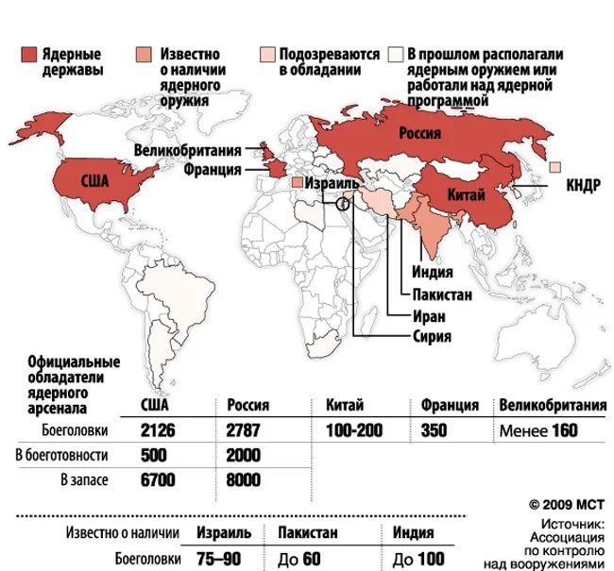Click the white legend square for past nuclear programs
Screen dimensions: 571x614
point(398,54)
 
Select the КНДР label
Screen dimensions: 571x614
point(582,185)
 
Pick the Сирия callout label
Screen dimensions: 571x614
point(432,336)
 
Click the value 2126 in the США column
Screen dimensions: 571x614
point(159,430)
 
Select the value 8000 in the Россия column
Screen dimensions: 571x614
point(244,480)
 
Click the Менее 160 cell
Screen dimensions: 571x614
point(537,430)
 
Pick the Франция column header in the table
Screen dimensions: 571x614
point(450,405)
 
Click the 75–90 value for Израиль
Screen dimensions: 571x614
point(218,558)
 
